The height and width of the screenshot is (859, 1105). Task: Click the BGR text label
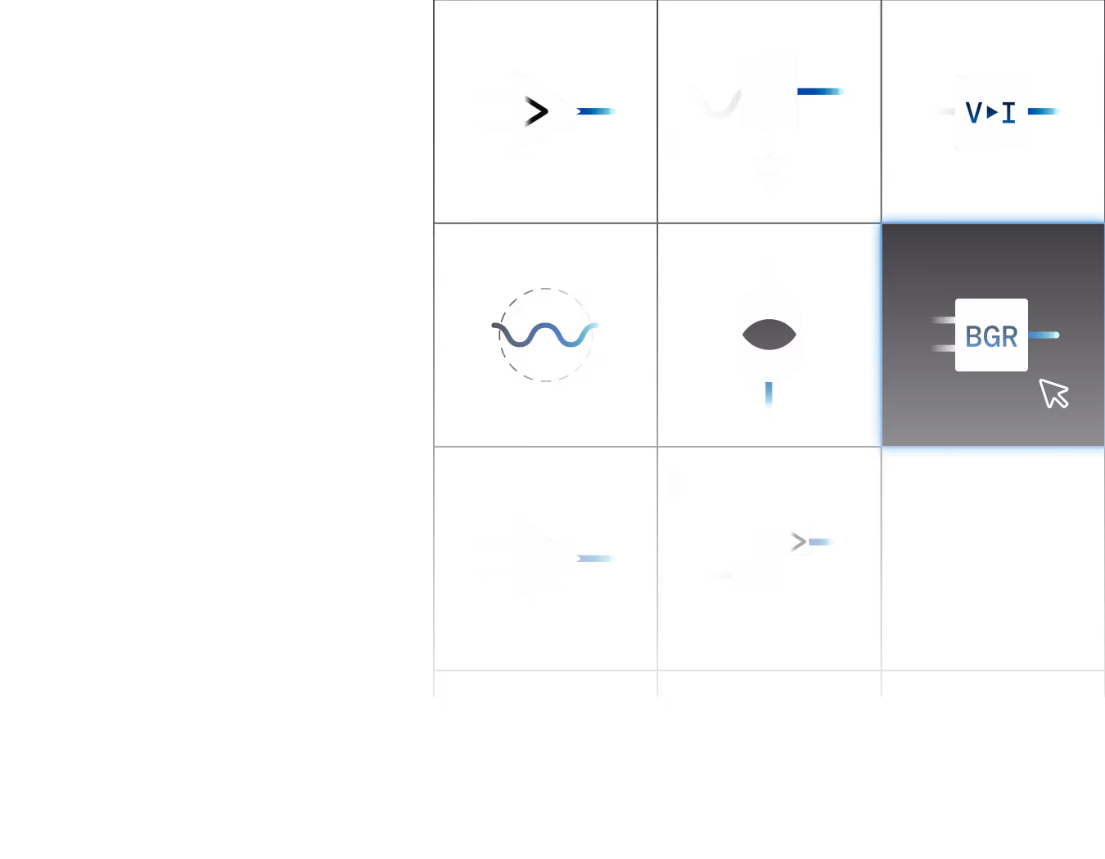coord(991,336)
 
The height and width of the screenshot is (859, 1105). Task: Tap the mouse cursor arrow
coord(1053,393)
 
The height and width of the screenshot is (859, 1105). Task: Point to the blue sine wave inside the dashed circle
coord(546,335)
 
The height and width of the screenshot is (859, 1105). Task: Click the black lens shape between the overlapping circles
coord(769,335)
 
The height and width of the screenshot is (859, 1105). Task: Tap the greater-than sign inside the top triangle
coord(537,111)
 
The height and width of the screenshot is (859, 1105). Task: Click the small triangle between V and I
coord(992,112)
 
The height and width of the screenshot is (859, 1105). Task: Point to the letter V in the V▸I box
coord(974,112)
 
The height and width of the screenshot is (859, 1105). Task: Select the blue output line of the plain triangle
coord(598,559)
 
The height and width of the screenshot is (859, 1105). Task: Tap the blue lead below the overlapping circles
coord(769,394)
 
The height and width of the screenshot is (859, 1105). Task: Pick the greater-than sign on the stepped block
coord(799,542)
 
